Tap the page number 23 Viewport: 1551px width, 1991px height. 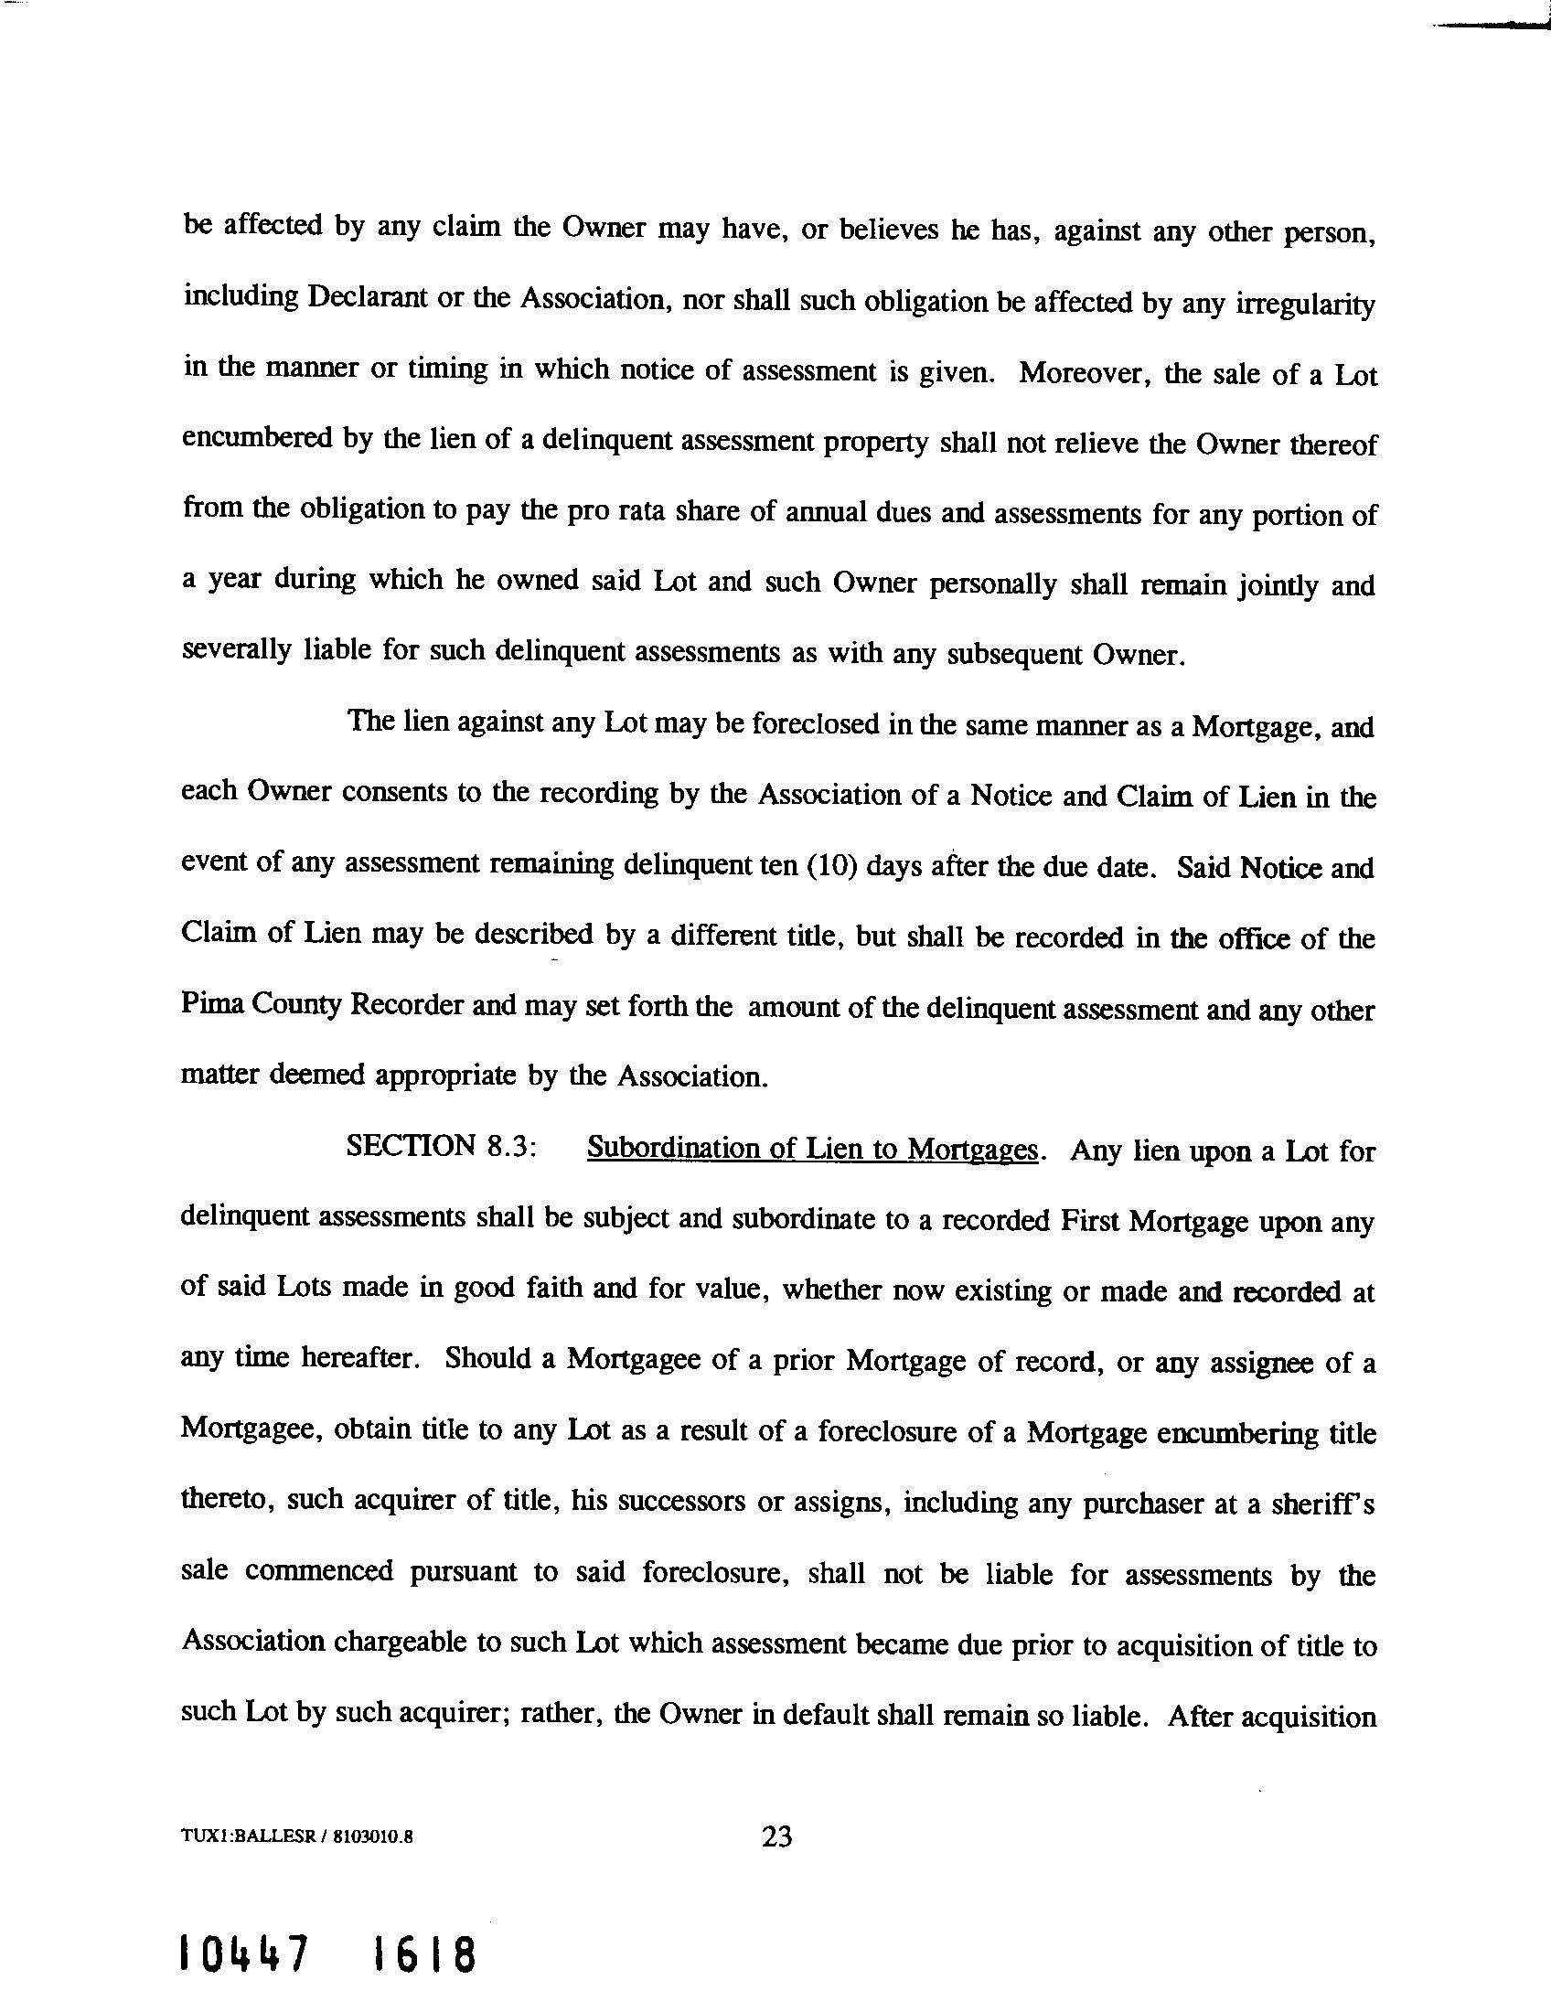(776, 1836)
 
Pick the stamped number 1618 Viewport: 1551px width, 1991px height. (423, 1954)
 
